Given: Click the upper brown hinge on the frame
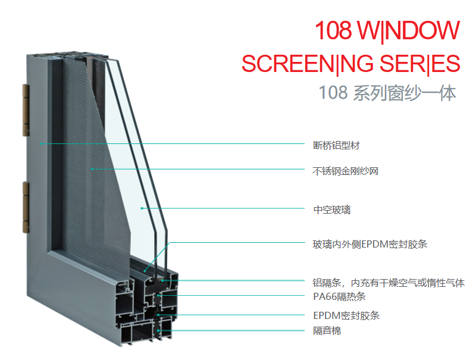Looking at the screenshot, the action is [x=26, y=110].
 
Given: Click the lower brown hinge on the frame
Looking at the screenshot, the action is [x=26, y=207].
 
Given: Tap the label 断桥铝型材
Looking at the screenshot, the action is [x=336, y=145].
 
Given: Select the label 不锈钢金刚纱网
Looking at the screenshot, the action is [x=346, y=171].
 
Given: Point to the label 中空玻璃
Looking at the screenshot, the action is [x=332, y=209].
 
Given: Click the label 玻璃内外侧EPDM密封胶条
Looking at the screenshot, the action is [x=370, y=244].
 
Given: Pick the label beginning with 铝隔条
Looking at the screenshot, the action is [x=389, y=283].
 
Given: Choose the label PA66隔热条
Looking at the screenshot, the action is [x=339, y=296].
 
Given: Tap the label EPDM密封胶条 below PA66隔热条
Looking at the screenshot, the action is [x=346, y=315].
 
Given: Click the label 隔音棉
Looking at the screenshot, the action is [x=327, y=331].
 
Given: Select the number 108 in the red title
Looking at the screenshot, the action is [x=333, y=30].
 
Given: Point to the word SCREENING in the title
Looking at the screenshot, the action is [x=308, y=64].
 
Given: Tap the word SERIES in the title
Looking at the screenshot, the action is [x=420, y=64].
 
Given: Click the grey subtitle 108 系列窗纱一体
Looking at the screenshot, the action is [x=387, y=93].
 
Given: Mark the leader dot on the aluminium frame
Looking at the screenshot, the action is [x=41, y=143].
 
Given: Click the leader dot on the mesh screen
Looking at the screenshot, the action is [x=92, y=169].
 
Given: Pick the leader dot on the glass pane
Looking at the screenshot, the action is [x=142, y=208].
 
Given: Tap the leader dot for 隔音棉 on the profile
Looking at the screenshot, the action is [x=158, y=331].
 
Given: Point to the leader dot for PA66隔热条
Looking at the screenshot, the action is [x=158, y=295].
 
